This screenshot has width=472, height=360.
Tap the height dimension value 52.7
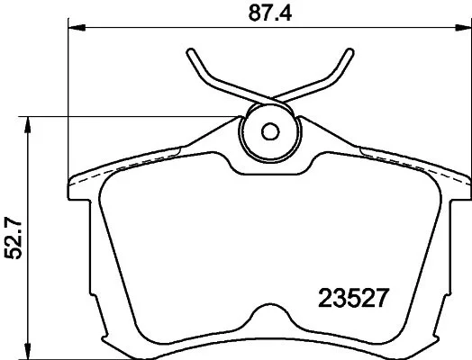click(12, 236)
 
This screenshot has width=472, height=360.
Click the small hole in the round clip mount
click(268, 130)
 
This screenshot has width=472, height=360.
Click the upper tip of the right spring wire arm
click(349, 51)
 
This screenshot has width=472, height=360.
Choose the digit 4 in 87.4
click(290, 13)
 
